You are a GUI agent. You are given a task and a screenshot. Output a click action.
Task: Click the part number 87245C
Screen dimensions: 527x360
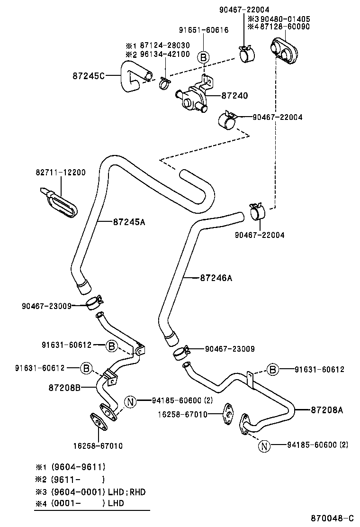click(x=89, y=75)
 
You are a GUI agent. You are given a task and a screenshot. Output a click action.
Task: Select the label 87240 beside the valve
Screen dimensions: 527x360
click(x=234, y=95)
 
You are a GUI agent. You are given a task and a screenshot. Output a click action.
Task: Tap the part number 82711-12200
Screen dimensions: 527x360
click(x=61, y=173)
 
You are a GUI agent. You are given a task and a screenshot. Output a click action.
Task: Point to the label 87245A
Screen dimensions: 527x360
click(x=129, y=221)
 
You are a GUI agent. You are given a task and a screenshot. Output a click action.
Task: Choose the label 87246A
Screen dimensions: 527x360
click(x=216, y=278)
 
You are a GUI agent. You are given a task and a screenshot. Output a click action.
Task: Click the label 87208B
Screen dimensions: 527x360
click(x=64, y=387)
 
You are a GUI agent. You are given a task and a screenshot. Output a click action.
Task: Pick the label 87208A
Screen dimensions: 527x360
click(x=327, y=410)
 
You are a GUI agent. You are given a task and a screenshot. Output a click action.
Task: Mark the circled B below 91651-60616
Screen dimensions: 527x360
click(x=203, y=57)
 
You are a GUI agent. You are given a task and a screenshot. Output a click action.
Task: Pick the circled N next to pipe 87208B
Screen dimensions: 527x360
click(x=131, y=402)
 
